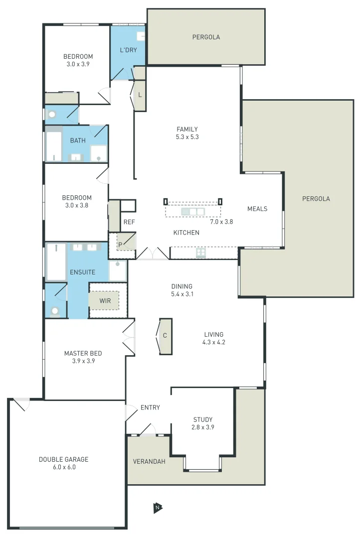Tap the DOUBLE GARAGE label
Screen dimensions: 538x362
point(63,459)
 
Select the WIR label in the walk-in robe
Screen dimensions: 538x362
point(105,301)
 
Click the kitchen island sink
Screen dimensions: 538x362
point(193,212)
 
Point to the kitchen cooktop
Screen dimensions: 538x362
point(201,253)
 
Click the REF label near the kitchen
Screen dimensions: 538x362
point(129,222)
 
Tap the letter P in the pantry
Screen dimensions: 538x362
point(120,244)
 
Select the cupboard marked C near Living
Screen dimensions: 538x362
point(165,336)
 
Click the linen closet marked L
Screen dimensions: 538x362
point(140,95)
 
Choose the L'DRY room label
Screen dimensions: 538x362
point(128,50)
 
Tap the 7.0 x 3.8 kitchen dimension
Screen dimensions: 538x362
point(221,222)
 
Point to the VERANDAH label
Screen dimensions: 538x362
point(149,461)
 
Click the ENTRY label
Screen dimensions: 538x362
point(150,407)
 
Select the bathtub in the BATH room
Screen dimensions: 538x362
point(53,146)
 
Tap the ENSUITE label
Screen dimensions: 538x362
point(82,272)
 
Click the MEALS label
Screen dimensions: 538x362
point(257,209)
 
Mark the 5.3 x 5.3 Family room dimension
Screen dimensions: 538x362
point(187,137)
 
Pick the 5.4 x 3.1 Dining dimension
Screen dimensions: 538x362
point(181,294)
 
